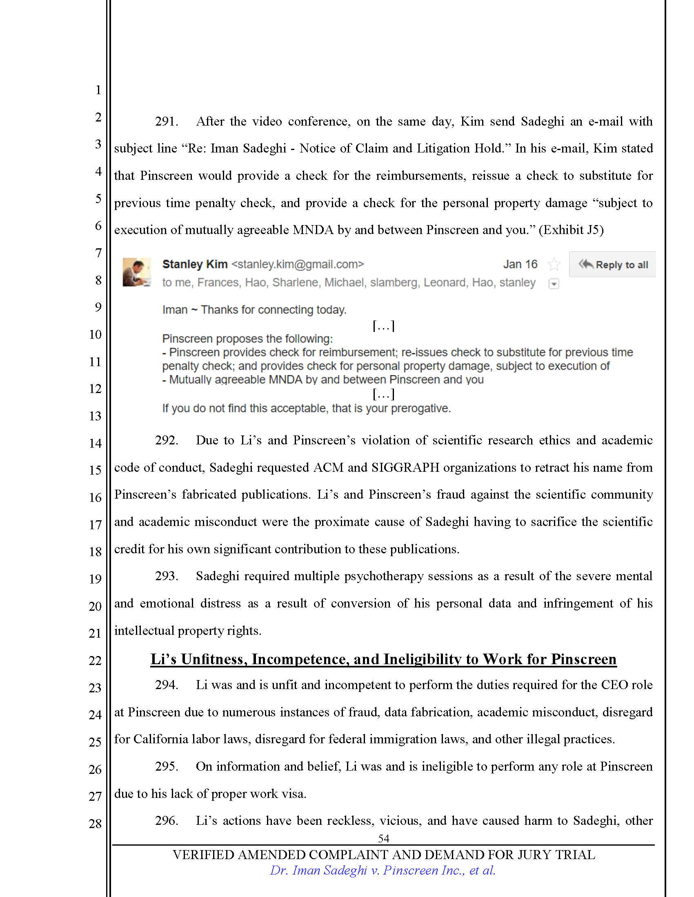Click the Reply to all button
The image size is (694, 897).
click(613, 265)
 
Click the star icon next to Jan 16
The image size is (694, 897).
click(554, 264)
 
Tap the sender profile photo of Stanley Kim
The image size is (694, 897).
click(136, 272)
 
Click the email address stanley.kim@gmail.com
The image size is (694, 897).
click(298, 264)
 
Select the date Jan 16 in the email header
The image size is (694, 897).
click(520, 264)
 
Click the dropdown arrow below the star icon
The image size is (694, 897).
click(554, 284)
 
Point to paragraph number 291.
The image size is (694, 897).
click(166, 122)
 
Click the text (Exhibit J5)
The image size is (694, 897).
click(571, 230)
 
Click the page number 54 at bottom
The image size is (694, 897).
click(383, 838)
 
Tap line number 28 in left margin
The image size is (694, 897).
click(95, 824)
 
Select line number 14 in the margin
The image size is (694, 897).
click(95, 443)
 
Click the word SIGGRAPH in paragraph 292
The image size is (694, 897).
click(405, 468)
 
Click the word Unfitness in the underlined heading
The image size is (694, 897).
click(214, 659)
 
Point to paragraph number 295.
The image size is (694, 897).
click(166, 767)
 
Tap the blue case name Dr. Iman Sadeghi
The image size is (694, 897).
click(318, 870)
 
